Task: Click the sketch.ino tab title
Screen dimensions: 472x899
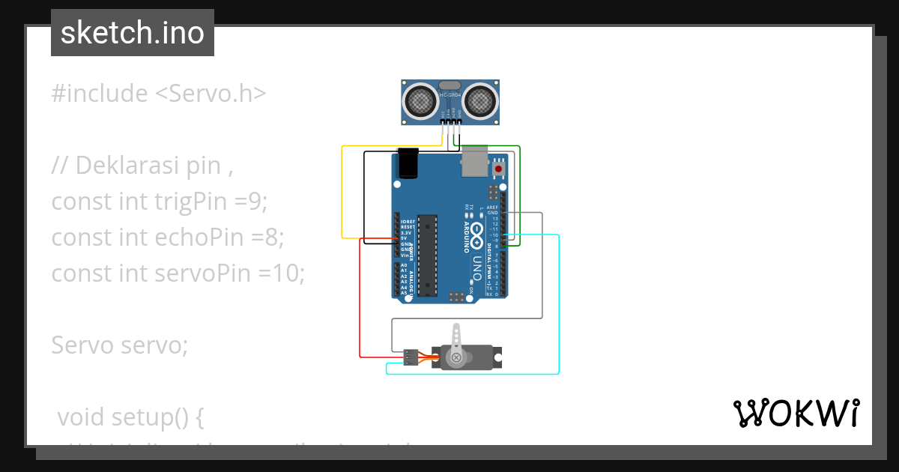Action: tap(132, 33)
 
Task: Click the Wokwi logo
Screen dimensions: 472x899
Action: tap(795, 413)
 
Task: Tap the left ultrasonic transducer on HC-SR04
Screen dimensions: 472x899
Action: tap(421, 100)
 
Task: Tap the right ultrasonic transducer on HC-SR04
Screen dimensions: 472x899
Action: tap(479, 100)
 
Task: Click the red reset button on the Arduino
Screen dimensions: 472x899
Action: tap(498, 169)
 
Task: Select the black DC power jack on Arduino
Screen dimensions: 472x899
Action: tap(408, 163)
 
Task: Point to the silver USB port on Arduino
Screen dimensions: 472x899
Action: tap(473, 161)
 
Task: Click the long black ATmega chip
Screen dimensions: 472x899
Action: tap(426, 255)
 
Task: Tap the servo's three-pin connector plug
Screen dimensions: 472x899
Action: tap(410, 357)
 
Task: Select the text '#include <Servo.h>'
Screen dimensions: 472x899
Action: tap(158, 94)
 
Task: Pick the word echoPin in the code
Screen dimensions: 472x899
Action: tap(199, 237)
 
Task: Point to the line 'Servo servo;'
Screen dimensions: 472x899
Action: tap(120, 345)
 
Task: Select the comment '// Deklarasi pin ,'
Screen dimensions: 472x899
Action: tap(142, 166)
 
